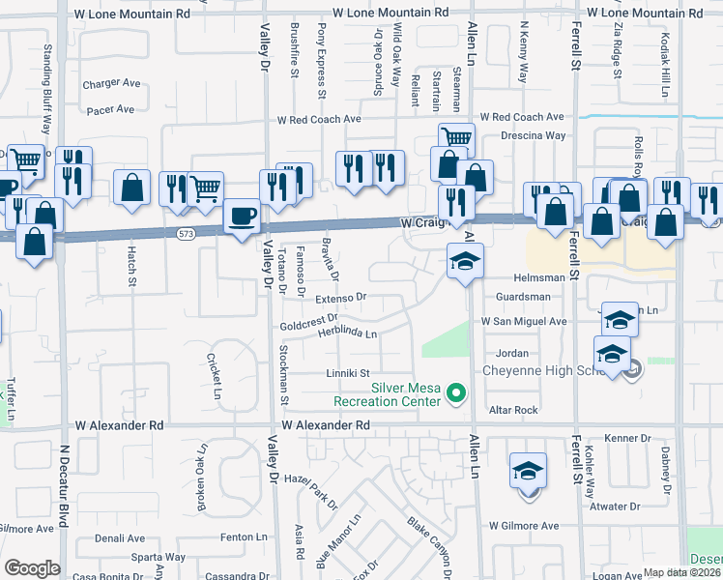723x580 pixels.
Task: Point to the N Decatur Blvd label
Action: pos(65,485)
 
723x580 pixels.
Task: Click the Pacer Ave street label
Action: pos(110,109)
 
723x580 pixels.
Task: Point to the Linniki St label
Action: pos(348,372)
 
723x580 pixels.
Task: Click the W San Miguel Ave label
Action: pos(523,321)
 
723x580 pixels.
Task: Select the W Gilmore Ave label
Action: pos(523,526)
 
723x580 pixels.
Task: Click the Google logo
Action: pos(31,568)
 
